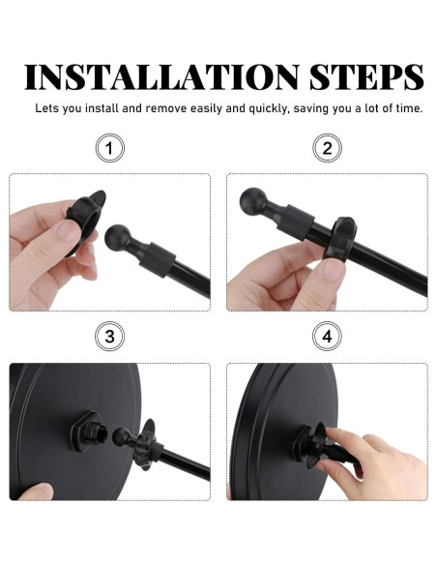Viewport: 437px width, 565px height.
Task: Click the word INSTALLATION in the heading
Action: point(161,77)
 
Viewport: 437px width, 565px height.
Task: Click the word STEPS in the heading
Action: point(366,77)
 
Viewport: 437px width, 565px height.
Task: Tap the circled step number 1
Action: point(110,148)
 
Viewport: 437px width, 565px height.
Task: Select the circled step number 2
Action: point(327,148)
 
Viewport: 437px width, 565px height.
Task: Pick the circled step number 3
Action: point(110,337)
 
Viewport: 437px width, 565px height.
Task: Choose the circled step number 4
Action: point(327,337)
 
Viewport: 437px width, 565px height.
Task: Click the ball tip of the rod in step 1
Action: point(118,237)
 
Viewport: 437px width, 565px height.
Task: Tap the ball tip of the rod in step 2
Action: point(253,201)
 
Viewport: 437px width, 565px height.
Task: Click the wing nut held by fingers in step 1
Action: point(85,220)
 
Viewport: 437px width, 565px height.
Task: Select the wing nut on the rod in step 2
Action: point(339,239)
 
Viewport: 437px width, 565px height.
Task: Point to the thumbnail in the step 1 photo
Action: point(70,231)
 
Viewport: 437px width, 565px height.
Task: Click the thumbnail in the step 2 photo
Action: point(334,270)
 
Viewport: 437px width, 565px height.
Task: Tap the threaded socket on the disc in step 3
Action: point(88,431)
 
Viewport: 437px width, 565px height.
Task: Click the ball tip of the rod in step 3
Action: point(121,436)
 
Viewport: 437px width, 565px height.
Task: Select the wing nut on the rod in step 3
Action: point(146,444)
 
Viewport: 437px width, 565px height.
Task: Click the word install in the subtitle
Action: point(102,108)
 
